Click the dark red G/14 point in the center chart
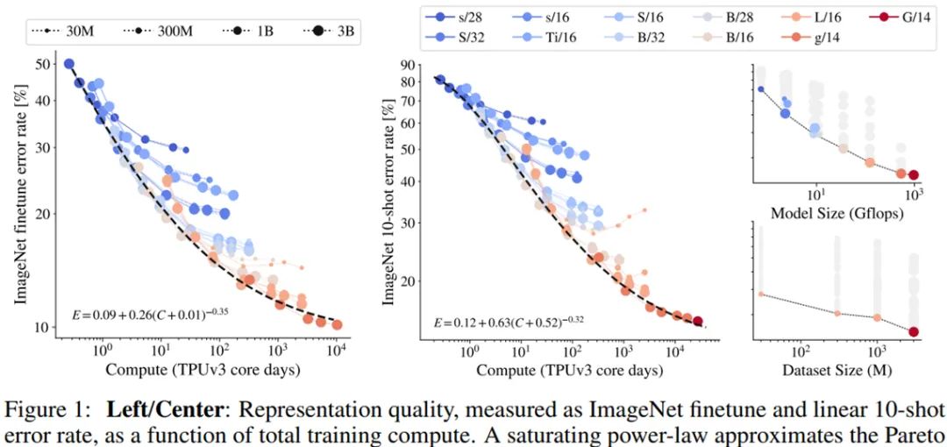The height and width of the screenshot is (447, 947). [x=698, y=322]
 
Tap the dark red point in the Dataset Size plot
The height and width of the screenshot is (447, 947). [x=914, y=331]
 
